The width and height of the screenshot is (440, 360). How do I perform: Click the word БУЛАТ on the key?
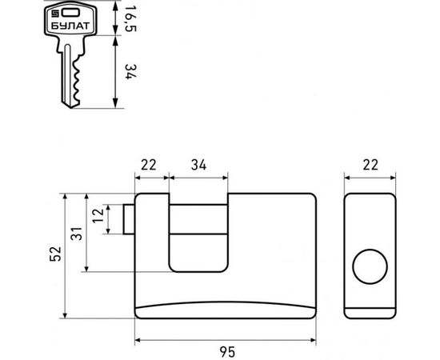point(70,26)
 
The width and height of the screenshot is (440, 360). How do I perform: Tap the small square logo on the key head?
point(54,13)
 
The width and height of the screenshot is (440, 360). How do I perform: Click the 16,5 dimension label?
point(130,18)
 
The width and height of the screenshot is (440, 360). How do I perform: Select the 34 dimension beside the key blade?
point(130,72)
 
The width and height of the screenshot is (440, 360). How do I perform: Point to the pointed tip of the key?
point(70,107)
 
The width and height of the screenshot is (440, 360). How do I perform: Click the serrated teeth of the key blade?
point(77,80)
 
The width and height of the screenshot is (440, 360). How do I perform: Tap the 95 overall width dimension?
point(227,352)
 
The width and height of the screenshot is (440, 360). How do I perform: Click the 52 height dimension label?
point(55,254)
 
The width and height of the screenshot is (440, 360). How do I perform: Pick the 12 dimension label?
point(98,215)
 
